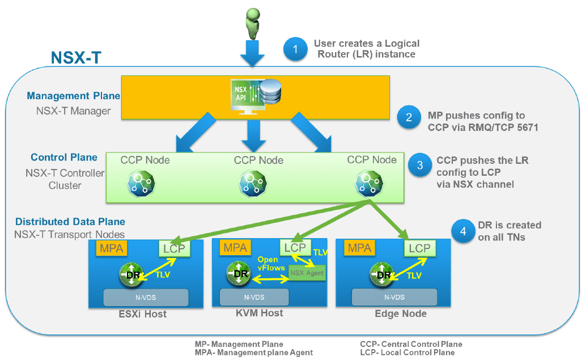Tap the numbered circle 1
pyautogui.click(x=294, y=49)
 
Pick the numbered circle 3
pyautogui.click(x=420, y=165)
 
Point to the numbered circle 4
pyautogui.click(x=462, y=231)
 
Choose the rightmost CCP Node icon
pyautogui.click(x=366, y=181)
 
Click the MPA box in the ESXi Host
pyautogui.click(x=112, y=248)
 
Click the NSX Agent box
pyautogui.click(x=307, y=273)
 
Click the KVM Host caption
pyautogui.click(x=260, y=313)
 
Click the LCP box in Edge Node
pyautogui.click(x=419, y=248)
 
